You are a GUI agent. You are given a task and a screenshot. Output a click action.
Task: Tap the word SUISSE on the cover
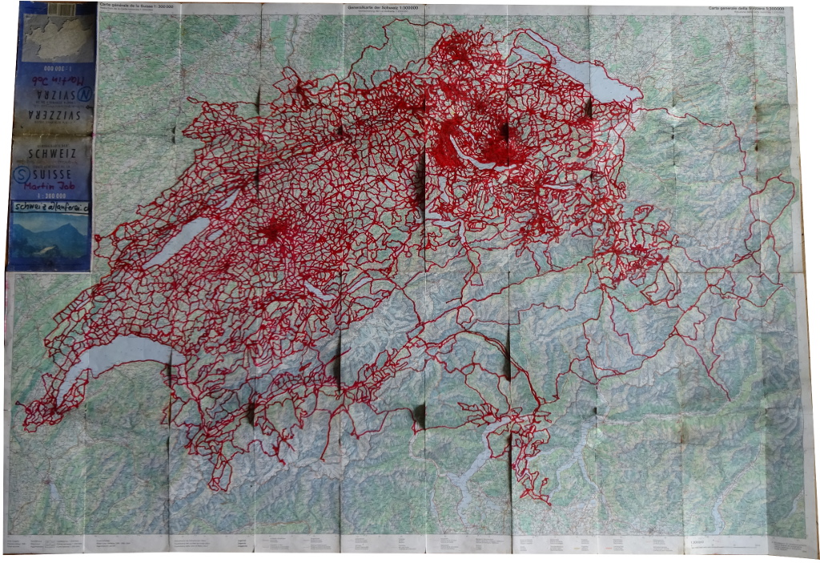pos(60,173)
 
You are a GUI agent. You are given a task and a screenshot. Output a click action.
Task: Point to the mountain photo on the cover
pos(50,240)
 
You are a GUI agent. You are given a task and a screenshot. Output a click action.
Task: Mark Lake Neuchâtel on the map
pos(181,240)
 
